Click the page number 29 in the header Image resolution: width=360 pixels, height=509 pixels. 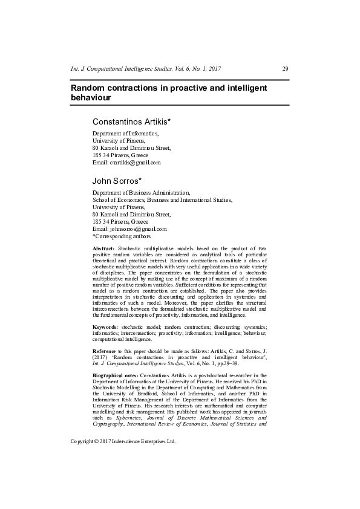tap(285, 69)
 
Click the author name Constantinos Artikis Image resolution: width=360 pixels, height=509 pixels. tap(131, 122)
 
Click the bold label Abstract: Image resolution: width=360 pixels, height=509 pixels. tap(103, 249)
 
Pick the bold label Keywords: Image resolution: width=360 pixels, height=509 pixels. tap(105, 326)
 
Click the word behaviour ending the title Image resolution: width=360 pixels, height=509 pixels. tap(91, 97)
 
